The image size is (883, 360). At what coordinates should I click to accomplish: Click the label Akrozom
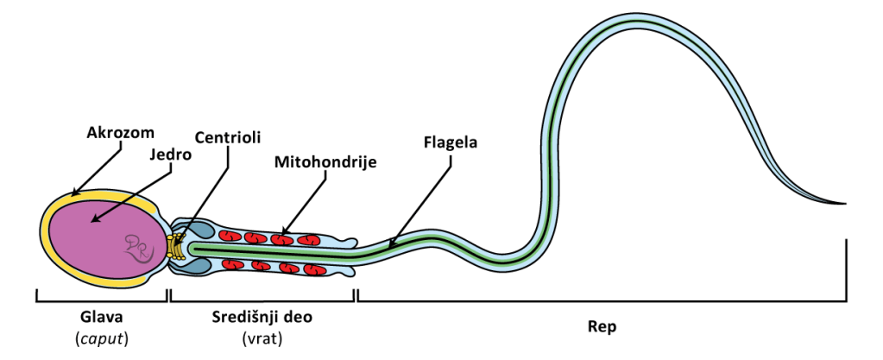click(120, 133)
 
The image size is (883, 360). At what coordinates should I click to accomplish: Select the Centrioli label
click(227, 138)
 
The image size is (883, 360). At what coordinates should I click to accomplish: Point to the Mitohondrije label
click(325, 161)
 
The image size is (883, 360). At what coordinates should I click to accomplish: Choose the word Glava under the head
click(101, 317)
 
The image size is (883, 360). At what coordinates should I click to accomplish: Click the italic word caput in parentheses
click(102, 338)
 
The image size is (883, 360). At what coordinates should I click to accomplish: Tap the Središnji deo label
click(262, 317)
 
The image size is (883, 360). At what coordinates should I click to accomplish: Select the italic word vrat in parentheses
click(262, 338)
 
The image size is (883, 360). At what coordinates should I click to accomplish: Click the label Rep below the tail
click(602, 327)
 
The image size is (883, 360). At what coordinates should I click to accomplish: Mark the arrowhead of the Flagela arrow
click(390, 245)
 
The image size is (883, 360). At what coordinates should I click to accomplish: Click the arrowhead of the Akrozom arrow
click(75, 193)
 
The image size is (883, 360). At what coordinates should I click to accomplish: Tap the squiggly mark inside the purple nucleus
click(138, 247)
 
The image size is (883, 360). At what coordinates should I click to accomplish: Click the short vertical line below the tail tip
click(847, 269)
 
